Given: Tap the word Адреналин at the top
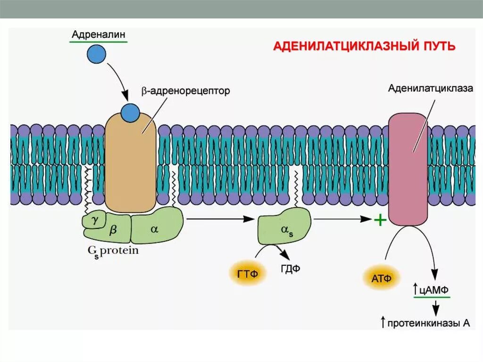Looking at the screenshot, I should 98,34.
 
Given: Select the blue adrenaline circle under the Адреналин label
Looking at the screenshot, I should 96,54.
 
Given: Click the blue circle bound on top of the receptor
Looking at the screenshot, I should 130,113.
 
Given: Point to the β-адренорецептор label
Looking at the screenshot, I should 185,91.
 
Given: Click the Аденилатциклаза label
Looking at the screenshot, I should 430,88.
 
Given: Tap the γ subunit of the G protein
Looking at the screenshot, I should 94,219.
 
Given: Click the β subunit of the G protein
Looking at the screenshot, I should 113,229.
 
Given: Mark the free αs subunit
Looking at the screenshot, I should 284,229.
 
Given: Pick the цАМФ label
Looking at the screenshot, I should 434,289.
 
